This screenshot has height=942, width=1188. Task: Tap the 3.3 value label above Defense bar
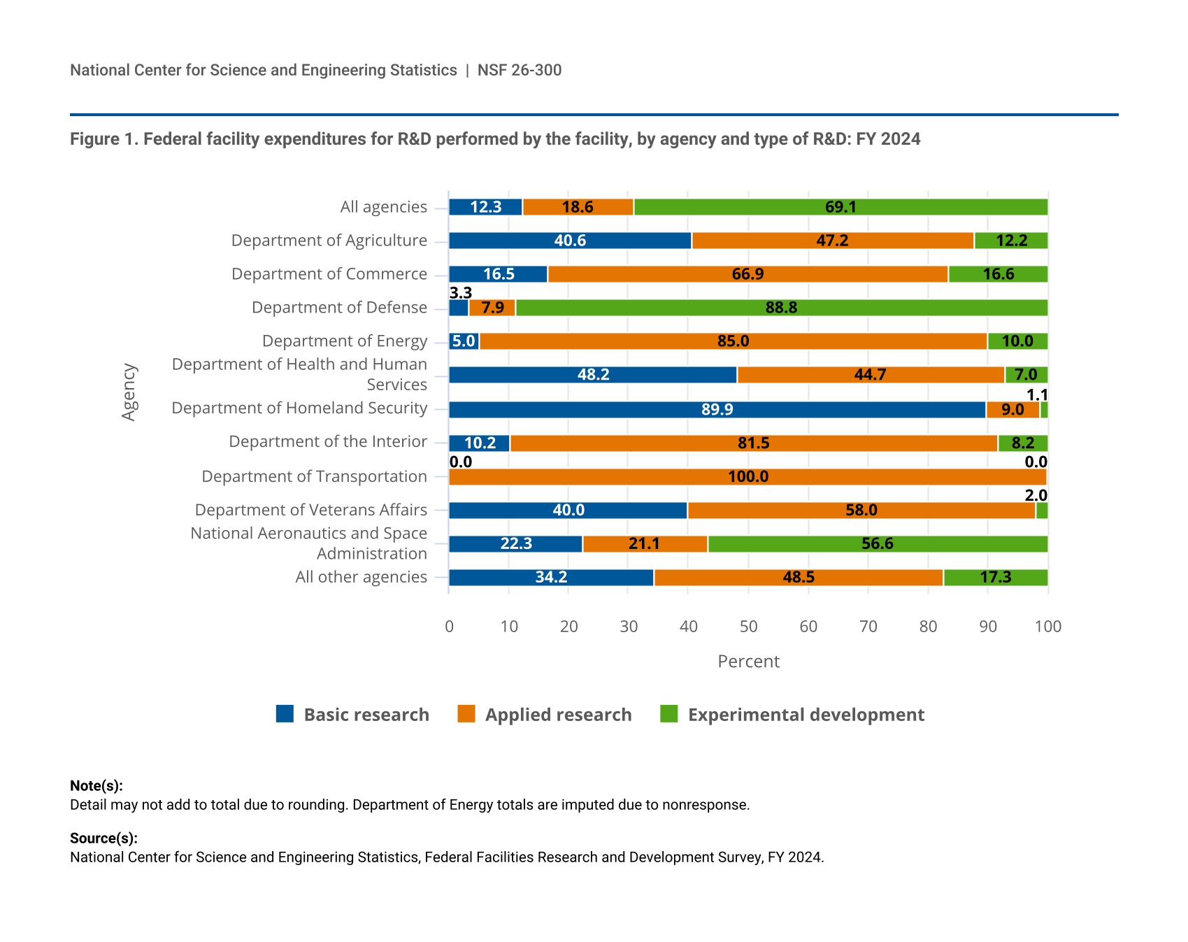click(x=461, y=292)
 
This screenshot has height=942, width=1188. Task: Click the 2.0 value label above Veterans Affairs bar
click(x=1036, y=495)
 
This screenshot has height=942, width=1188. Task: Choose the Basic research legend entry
click(x=353, y=715)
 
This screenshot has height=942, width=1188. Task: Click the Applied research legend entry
click(x=545, y=715)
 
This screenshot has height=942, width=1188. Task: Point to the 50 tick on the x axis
click(x=748, y=627)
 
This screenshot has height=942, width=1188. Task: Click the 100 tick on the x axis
click(x=1047, y=627)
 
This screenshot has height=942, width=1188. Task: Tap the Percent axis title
click(x=748, y=662)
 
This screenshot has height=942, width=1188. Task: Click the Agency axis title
click(x=129, y=392)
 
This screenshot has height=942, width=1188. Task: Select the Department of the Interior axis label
click(x=328, y=442)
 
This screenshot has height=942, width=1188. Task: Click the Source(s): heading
click(x=103, y=838)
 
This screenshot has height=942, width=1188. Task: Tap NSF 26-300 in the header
click(x=520, y=70)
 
